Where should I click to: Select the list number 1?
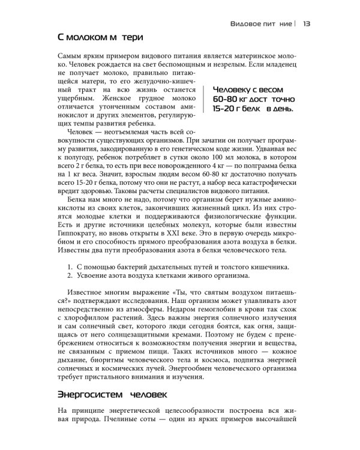[70, 266]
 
